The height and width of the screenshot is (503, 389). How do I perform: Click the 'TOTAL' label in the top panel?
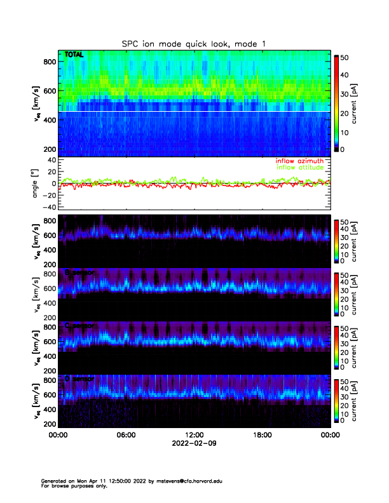click(x=75, y=56)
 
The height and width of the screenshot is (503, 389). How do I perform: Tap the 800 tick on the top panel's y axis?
click(x=48, y=62)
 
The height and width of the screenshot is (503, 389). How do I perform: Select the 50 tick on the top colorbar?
click(x=344, y=57)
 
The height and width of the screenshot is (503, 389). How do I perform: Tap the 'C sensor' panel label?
click(x=79, y=325)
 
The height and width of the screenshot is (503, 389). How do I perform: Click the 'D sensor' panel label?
click(x=79, y=379)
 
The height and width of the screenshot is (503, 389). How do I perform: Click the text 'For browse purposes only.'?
click(x=75, y=486)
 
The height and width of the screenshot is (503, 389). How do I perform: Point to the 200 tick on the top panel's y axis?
click(x=48, y=149)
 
